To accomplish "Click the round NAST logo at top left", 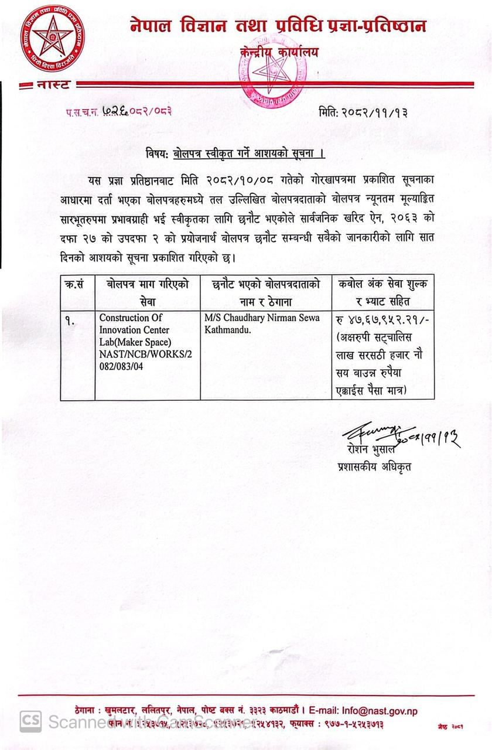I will pos(53,37).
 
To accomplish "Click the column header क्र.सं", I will pos(77,284).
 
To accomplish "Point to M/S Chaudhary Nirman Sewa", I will pos(262,318).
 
